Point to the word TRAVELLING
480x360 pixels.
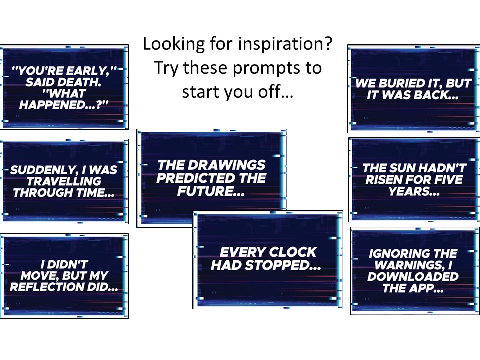point(64,181)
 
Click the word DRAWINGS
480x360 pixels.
point(226,165)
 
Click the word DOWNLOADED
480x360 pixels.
point(413,276)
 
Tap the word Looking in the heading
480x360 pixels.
point(174,44)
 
